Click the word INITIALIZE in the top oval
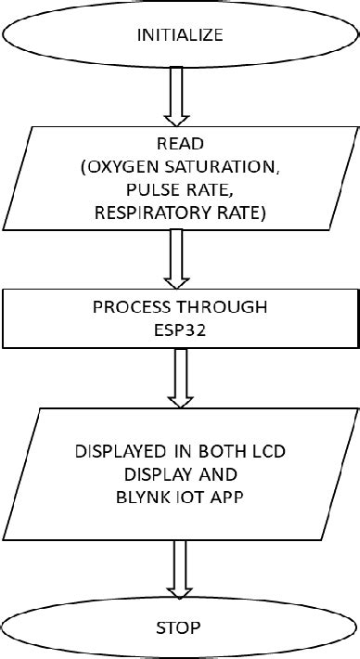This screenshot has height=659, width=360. (180, 36)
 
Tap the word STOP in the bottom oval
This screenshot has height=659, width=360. (180, 628)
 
